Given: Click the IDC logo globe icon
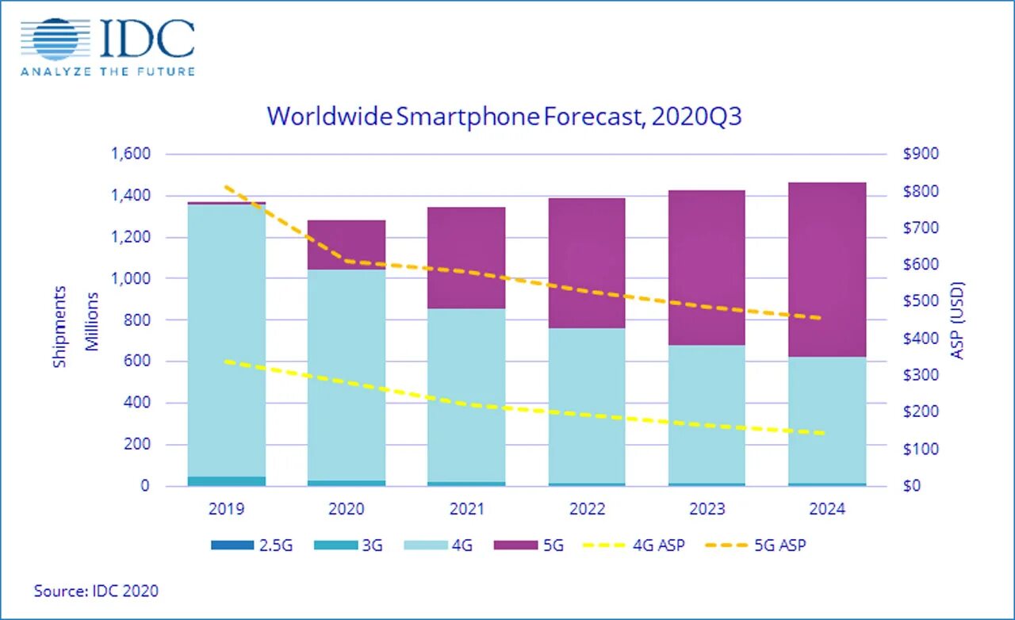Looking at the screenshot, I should (56, 39).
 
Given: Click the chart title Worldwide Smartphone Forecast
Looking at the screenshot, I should (504, 117).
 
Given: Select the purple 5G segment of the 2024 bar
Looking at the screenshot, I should (826, 270).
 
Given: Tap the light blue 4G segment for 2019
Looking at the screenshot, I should (227, 341).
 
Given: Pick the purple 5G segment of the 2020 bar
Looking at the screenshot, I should (346, 245).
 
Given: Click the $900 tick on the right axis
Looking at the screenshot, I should (920, 154).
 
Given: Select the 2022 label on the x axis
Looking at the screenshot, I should (586, 509).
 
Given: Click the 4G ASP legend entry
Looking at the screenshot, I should (634, 545).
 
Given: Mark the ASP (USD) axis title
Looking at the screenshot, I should (958, 320).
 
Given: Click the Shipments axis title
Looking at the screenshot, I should (60, 327).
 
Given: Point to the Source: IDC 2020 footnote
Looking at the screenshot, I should (96, 591).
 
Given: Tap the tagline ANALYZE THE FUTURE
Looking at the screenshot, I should (108, 71).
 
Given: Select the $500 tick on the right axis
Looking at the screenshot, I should (920, 301).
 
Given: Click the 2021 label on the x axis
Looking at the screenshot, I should (465, 509).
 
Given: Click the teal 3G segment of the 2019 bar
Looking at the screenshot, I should (227, 480).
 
